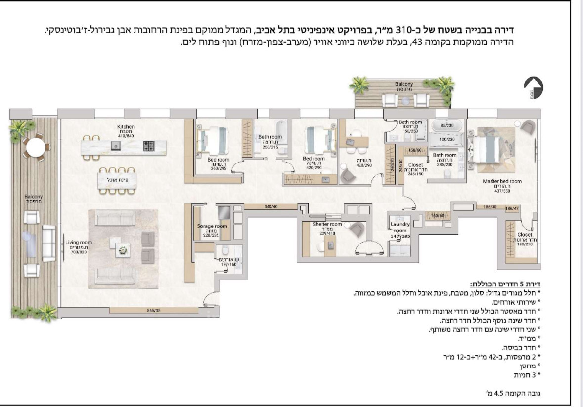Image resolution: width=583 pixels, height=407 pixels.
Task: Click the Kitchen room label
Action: pyautogui.click(x=123, y=127)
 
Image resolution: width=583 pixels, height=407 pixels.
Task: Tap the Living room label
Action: pyautogui.click(x=79, y=242)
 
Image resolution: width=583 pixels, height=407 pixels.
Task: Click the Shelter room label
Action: pyautogui.click(x=327, y=224)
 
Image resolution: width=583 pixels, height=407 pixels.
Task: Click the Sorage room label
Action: pyautogui.click(x=213, y=226)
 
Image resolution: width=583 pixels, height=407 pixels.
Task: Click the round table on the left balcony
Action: pyautogui.click(x=35, y=147)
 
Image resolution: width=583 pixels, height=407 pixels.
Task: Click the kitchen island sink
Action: pyautogui.click(x=116, y=145)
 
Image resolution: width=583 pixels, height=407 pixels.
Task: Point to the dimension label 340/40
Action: pyautogui.click(x=271, y=207)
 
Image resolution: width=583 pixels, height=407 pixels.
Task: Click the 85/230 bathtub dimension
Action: pyautogui.click(x=447, y=125)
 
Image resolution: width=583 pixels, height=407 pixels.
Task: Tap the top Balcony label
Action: pyautogui.click(x=404, y=84)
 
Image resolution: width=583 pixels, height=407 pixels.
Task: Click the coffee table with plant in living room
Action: pyautogui.click(x=122, y=251)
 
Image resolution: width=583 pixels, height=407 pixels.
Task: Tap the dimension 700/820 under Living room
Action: pyautogui.click(x=79, y=252)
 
